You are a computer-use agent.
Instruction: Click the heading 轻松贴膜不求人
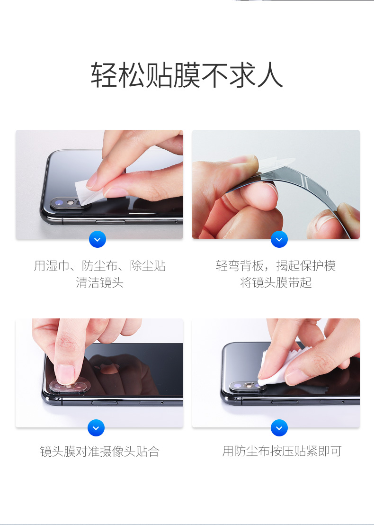[187, 75]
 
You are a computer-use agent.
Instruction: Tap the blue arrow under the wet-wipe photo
[98, 239]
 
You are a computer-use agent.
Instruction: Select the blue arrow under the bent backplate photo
[279, 239]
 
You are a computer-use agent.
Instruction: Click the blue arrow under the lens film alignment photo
[96, 428]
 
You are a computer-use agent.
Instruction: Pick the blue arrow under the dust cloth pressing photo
[279, 428]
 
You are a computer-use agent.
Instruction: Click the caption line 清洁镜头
[99, 283]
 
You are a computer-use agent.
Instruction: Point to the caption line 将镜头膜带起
[276, 283]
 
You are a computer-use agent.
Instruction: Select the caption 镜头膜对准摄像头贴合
[99, 452]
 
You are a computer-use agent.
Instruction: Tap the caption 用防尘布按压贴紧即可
[282, 452]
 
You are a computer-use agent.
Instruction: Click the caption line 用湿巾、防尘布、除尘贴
[99, 266]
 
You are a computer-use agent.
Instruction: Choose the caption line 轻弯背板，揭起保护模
[276, 266]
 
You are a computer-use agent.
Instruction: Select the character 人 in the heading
[270, 75]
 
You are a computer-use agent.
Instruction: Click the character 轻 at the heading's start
[104, 75]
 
